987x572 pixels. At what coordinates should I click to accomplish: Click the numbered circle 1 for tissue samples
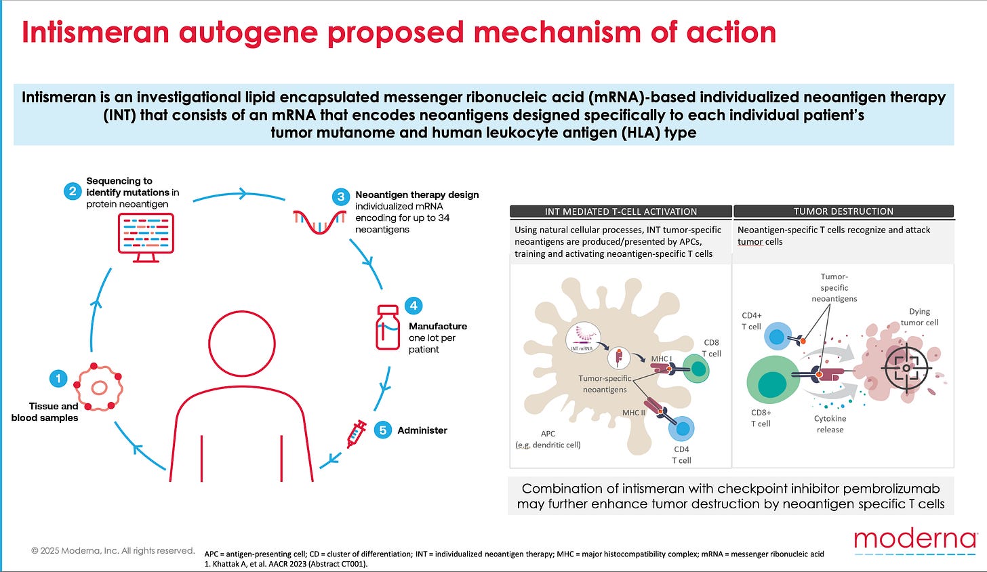click(x=59, y=378)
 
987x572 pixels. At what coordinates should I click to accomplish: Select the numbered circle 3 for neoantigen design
click(x=341, y=197)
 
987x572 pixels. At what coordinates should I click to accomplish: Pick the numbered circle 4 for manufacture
click(x=414, y=306)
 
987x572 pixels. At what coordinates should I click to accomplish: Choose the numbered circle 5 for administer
click(x=383, y=430)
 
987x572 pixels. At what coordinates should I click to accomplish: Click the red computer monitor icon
click(x=146, y=237)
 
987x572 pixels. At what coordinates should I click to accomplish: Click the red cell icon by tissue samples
click(x=100, y=388)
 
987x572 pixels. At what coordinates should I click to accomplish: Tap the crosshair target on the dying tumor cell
click(x=905, y=367)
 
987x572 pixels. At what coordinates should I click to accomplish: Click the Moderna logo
click(x=914, y=540)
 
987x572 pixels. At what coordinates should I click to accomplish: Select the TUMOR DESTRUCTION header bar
click(x=843, y=211)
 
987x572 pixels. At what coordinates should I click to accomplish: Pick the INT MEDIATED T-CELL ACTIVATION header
click(x=620, y=211)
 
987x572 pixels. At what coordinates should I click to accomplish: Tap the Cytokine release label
click(x=830, y=424)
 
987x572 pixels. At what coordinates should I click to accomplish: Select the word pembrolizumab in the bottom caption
click(x=882, y=489)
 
